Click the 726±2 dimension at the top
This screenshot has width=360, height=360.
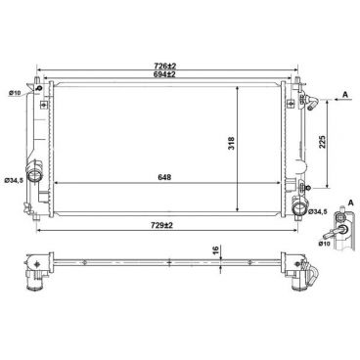163,67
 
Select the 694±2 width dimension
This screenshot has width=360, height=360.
163,75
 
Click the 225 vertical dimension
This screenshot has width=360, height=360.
323,143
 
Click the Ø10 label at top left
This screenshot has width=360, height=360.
16,93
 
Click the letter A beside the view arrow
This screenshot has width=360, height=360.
347,94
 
